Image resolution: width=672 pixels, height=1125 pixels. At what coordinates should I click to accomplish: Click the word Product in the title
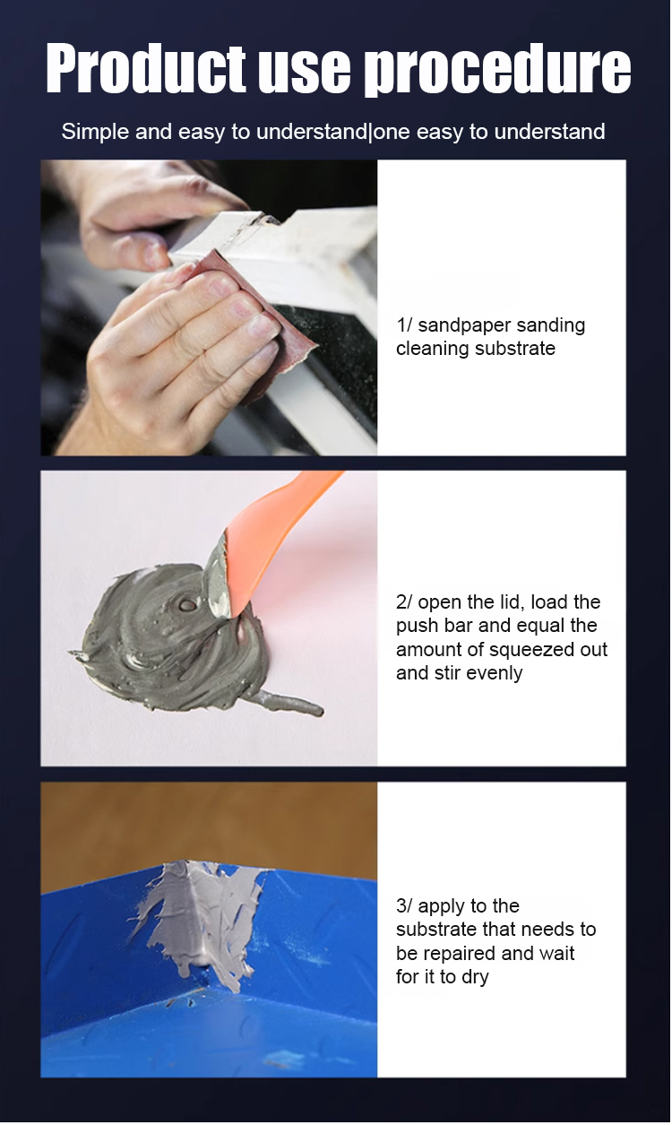point(146,68)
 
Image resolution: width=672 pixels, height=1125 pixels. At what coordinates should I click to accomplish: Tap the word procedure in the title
point(497,70)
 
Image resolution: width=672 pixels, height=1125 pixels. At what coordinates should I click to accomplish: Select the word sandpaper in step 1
point(465,326)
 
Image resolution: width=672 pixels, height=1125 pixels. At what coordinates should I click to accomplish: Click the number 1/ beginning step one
point(404,325)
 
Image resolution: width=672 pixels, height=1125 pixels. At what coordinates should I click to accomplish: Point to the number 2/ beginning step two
point(404,602)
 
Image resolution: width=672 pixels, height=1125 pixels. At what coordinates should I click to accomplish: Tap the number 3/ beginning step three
point(404,906)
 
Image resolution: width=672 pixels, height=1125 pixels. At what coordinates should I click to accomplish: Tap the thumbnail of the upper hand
point(154,254)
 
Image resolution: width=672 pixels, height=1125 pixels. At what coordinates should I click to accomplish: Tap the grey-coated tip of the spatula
point(217,577)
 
